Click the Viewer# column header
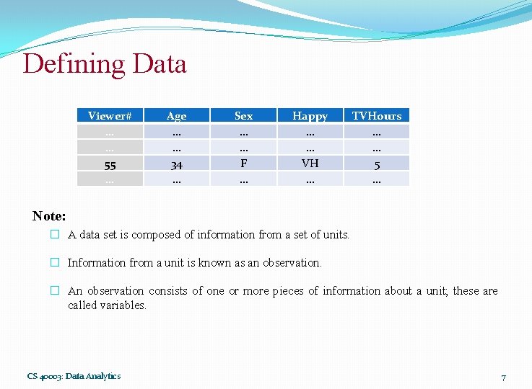coord(110,115)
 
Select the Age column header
coord(176,115)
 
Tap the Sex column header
coord(244,115)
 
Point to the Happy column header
coord(310,115)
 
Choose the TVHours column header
coord(377,115)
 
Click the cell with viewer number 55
coord(110,165)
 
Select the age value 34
coord(176,165)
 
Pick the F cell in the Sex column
coord(244,164)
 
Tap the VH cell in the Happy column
coord(310,164)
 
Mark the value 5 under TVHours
coord(377,165)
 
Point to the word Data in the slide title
coord(160,64)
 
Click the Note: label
coord(49,215)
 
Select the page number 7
coord(503,378)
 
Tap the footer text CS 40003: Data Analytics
coord(74,375)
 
